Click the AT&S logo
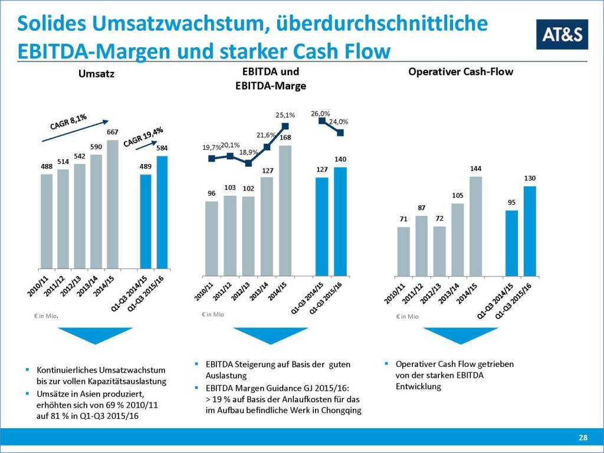pos(562,34)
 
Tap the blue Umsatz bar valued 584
pos(162,212)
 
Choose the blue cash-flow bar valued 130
pos(530,231)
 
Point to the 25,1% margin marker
pos(285,126)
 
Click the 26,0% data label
pos(320,113)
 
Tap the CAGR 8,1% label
pos(68,122)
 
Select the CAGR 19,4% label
pos(143,136)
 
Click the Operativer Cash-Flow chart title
pos(461,72)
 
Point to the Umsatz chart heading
pos(96,74)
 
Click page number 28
pos(583,438)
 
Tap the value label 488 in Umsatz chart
pos(47,167)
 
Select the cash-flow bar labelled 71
pos(403,251)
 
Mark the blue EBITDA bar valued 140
pos(340,221)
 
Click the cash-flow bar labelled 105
pos(457,239)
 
